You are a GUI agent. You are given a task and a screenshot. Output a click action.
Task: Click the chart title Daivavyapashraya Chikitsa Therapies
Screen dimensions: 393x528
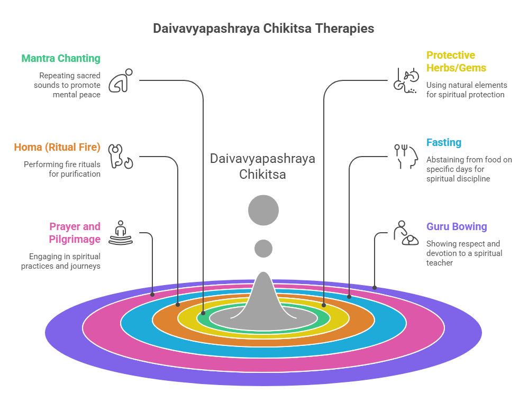pyautogui.click(x=263, y=29)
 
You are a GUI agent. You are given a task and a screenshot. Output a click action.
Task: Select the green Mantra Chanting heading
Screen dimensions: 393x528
pyautogui.click(x=61, y=58)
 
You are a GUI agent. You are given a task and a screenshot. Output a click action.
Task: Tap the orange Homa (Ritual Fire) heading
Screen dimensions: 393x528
pyautogui.click(x=57, y=147)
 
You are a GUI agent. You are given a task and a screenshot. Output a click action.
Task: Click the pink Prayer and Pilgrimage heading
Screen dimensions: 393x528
pyautogui.click(x=75, y=233)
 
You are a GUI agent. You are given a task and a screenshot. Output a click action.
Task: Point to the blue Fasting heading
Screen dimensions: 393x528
pyautogui.click(x=444, y=142)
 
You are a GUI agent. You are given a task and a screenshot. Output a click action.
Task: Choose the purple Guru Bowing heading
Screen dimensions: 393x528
pyautogui.click(x=457, y=227)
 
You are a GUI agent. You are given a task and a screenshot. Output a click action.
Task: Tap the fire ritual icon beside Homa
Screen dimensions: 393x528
pyautogui.click(x=120, y=156)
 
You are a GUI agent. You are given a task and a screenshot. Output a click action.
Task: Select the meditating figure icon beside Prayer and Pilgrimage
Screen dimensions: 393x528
pyautogui.click(x=121, y=233)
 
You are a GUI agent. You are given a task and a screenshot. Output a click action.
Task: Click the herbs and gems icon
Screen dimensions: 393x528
pyautogui.click(x=403, y=80)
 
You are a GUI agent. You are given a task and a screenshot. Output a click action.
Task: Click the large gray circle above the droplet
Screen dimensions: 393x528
pyautogui.click(x=263, y=210)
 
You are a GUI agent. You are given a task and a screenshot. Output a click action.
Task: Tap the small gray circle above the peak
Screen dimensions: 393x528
pyautogui.click(x=263, y=248)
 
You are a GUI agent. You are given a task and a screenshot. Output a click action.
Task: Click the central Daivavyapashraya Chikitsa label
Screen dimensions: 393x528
pyautogui.click(x=263, y=166)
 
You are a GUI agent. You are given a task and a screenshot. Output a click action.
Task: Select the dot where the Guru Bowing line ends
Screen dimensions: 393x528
pyautogui.click(x=375, y=288)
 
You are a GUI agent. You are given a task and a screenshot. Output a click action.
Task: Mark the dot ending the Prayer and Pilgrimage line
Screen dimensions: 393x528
pyautogui.click(x=152, y=294)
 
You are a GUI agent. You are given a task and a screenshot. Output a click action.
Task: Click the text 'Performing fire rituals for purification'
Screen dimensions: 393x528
pyautogui.click(x=62, y=169)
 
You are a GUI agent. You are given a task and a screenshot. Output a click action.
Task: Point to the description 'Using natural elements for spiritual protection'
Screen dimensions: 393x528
pyautogui.click(x=467, y=90)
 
